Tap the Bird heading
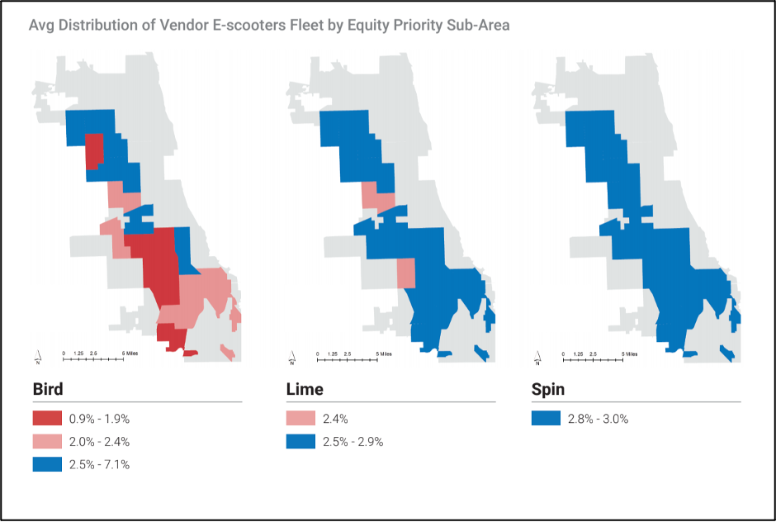click(47, 389)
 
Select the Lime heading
click(304, 389)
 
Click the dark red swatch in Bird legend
click(47, 419)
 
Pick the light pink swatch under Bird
click(47, 442)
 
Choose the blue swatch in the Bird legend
click(47, 464)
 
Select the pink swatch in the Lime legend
click(300, 419)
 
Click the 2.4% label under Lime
click(336, 419)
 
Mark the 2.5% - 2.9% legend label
click(354, 442)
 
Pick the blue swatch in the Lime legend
click(300, 442)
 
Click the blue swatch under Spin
click(546, 419)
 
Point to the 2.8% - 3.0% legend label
click(598, 419)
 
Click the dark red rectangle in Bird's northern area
click(94, 151)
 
